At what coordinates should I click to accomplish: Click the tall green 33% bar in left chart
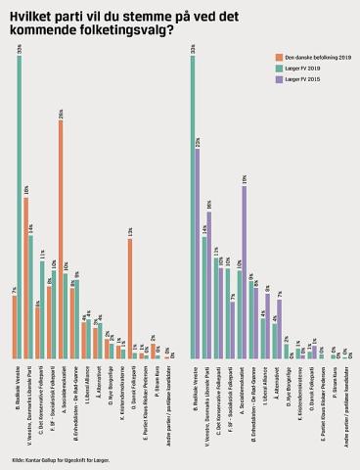coord(20,206)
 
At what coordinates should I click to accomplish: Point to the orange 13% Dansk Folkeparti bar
coord(129,299)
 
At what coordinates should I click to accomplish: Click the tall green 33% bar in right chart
coord(192,206)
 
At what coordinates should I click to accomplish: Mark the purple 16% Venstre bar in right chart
coord(208,285)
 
